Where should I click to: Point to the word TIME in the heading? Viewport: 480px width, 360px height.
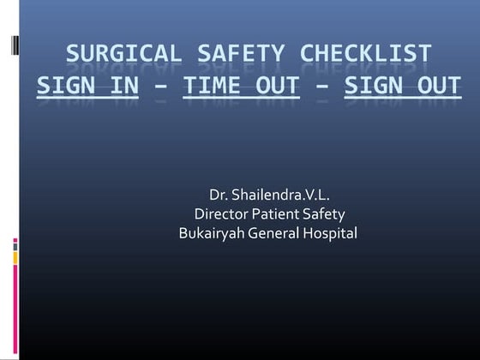pyautogui.click(x=215, y=86)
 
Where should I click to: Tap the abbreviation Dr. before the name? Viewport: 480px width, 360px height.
pyautogui.click(x=219, y=197)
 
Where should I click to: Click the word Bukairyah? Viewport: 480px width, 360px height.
pyautogui.click(x=212, y=232)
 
